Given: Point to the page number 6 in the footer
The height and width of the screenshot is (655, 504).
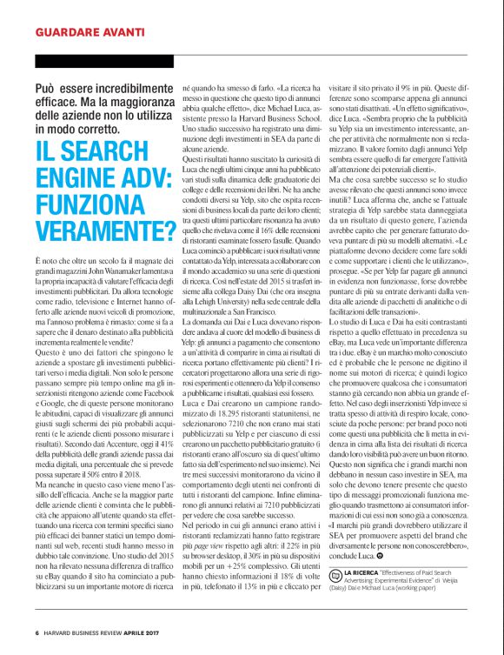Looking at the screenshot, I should [36, 632].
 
